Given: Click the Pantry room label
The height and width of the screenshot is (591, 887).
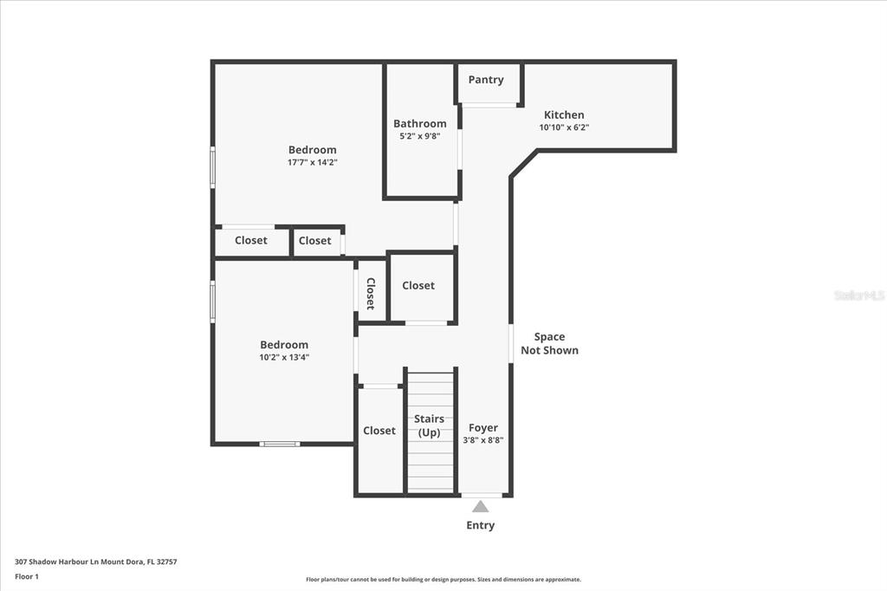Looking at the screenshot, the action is click(x=486, y=80).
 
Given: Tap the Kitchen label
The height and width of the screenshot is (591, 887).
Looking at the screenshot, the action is click(x=564, y=114).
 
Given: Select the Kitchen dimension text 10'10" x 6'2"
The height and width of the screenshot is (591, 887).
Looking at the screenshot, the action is click(x=564, y=127).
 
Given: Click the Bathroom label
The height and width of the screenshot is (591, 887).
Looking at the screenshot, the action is click(x=420, y=123).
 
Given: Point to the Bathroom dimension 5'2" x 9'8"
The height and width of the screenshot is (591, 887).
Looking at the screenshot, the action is click(x=420, y=136).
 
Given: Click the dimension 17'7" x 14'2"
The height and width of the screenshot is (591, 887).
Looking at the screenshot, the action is click(x=312, y=162).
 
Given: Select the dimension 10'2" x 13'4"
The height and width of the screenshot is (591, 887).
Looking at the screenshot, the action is click(x=284, y=357).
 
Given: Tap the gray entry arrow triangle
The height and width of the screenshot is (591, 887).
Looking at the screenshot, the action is click(x=480, y=506).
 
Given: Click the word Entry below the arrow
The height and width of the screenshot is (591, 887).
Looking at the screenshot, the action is click(x=480, y=525).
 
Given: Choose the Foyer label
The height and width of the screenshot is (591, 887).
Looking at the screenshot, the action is click(x=483, y=428).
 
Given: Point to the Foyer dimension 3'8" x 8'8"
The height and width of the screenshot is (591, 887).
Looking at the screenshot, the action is click(x=483, y=440).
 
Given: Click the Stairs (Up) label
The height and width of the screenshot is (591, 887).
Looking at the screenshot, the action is click(x=429, y=425).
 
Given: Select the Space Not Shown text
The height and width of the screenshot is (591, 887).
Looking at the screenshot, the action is click(x=549, y=344).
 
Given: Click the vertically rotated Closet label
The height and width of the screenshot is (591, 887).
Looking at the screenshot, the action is click(x=371, y=293).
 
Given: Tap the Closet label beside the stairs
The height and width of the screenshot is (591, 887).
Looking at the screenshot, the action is click(x=379, y=431).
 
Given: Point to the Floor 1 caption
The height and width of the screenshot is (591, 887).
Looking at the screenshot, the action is click(x=27, y=577).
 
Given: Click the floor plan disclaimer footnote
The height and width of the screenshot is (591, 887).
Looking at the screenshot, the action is click(x=443, y=580).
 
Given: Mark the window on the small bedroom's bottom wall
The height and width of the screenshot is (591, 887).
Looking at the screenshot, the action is click(x=280, y=444).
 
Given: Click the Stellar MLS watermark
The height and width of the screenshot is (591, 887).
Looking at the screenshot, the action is click(x=859, y=295).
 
